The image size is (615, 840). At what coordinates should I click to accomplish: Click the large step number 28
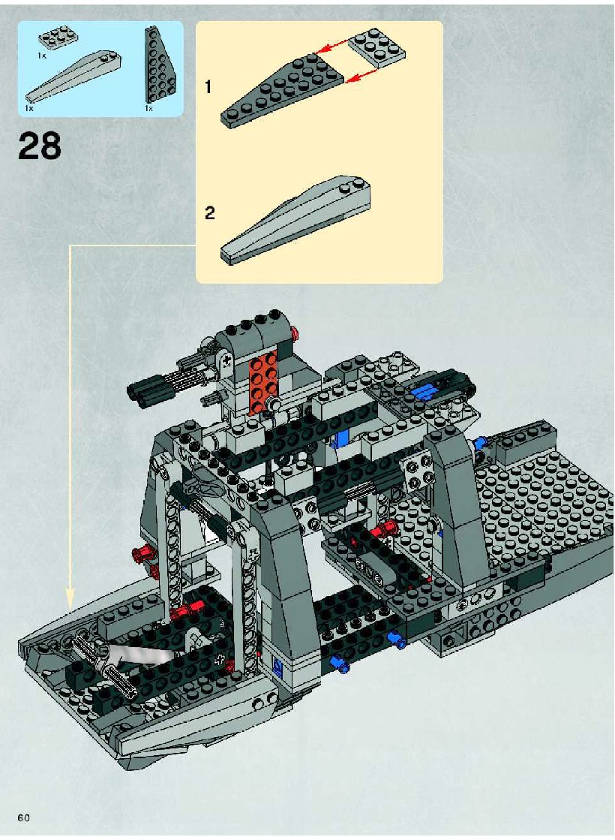tap(40, 146)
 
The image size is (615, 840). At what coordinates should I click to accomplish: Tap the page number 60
tap(23, 817)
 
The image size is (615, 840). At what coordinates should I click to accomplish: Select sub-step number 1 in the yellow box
tap(208, 86)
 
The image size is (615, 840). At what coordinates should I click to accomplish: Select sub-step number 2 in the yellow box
tap(210, 213)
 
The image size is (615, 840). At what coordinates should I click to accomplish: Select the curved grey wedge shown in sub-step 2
tap(295, 220)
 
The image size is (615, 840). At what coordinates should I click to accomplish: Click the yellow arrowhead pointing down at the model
tap(70, 598)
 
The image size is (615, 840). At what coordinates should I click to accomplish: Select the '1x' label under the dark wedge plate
tap(148, 108)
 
